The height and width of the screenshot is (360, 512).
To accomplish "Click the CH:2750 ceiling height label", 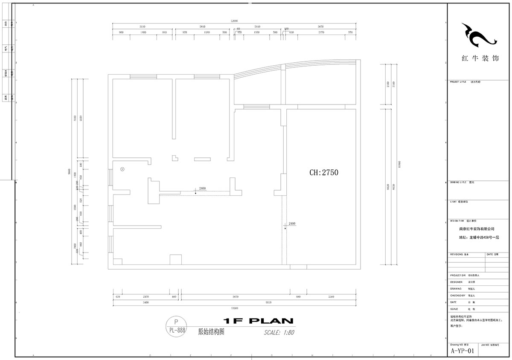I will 323,173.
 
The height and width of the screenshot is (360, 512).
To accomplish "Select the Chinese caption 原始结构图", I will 212,331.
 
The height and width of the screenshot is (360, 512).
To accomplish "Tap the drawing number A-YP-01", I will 462,351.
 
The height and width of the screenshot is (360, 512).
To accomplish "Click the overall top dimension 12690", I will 234,20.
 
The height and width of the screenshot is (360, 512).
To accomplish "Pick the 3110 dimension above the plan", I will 143,26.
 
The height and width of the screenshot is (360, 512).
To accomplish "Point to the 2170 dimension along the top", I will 321,32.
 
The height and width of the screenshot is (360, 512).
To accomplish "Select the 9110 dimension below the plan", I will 268,302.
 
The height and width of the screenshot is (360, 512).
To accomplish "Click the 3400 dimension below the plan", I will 145,302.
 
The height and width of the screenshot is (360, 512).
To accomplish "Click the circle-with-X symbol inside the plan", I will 122,169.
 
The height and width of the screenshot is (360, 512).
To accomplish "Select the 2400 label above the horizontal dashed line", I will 202,189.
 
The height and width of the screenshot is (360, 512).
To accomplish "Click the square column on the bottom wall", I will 175,260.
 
